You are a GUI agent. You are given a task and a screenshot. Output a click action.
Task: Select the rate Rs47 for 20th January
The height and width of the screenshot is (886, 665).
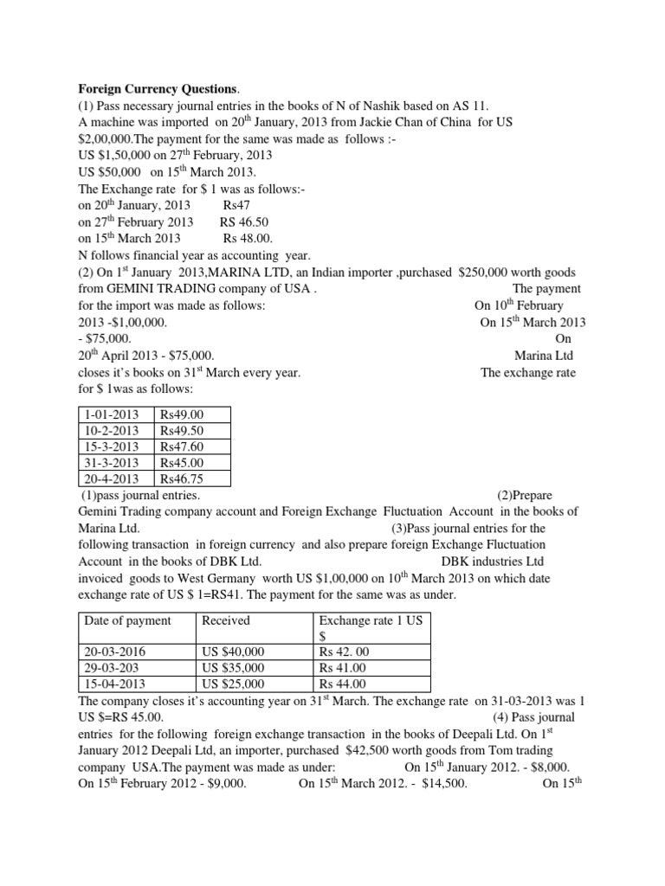coord(234,205)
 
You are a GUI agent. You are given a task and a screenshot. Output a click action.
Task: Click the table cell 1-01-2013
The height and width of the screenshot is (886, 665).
coord(110,414)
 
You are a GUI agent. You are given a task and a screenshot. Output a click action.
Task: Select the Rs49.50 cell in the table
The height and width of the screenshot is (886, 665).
coord(181,430)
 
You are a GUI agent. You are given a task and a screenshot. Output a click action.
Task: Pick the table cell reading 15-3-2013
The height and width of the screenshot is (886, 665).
coord(110,446)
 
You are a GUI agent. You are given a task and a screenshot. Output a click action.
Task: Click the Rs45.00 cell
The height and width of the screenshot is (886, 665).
coord(181,462)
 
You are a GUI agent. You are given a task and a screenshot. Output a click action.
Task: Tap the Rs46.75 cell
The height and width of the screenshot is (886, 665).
coord(181,478)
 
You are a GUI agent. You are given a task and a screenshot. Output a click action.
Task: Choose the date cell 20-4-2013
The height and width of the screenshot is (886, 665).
coord(110,478)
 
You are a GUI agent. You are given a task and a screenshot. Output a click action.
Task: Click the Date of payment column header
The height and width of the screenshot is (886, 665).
coord(127,620)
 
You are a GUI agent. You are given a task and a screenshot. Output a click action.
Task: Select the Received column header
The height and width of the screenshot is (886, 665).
coord(225,620)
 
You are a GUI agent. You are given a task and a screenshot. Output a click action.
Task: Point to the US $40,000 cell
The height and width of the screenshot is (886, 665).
coord(234,652)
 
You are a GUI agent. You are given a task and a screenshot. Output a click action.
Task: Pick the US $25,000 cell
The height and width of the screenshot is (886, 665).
coord(234,684)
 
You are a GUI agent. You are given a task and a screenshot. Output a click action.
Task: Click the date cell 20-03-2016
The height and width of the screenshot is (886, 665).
coord(115,652)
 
